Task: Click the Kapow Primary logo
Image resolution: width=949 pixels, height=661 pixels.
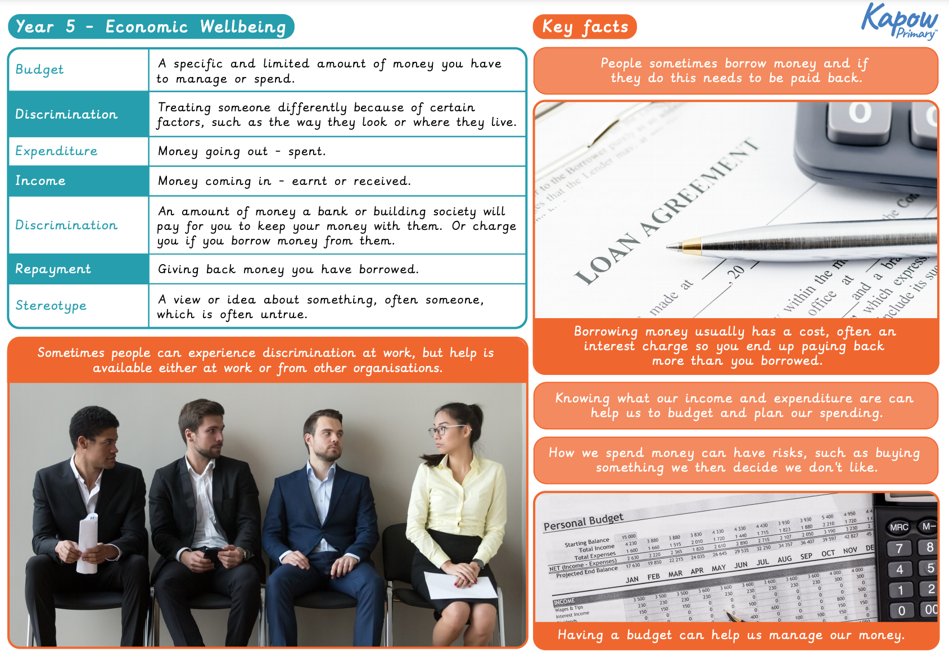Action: coord(900,21)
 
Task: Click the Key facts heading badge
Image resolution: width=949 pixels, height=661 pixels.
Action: coord(585,26)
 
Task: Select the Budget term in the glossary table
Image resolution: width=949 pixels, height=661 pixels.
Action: coord(39,70)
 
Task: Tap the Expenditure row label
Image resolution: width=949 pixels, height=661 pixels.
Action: coord(56,151)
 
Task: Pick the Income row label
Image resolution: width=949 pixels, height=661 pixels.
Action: coord(40,181)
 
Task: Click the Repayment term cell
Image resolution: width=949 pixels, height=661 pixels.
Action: coord(53,269)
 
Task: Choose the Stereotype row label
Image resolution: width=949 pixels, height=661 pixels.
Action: coord(51,306)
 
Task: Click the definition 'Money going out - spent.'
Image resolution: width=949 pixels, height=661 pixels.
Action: coord(242,151)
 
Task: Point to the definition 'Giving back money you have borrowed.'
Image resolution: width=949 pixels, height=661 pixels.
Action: coord(288,269)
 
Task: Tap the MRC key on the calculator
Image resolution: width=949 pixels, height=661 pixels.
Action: coord(899,527)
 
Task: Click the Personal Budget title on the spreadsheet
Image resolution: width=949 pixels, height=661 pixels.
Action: coord(583,522)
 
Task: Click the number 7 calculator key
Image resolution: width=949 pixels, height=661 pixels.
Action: coord(899,549)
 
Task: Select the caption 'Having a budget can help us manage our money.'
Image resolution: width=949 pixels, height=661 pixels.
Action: coord(731,635)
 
